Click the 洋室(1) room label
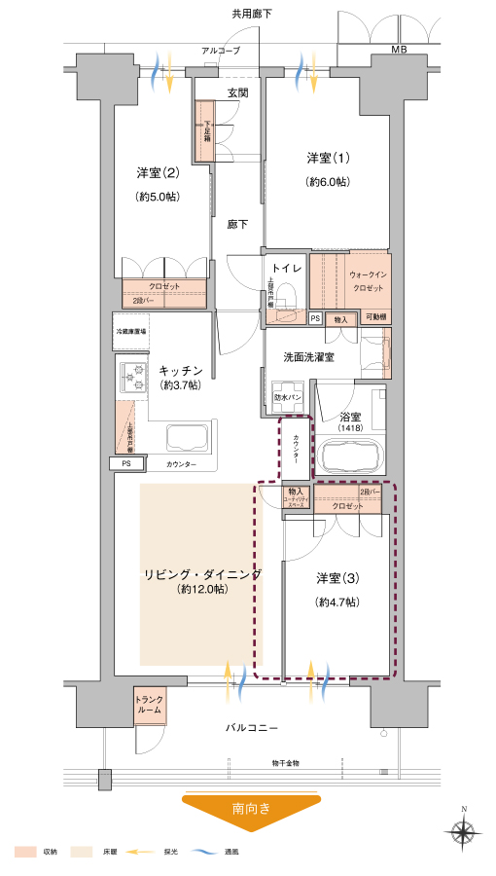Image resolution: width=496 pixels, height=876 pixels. [328, 158]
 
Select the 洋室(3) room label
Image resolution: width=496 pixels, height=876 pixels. [337, 578]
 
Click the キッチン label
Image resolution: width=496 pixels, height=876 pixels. [180, 370]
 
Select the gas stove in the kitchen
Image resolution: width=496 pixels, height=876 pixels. [131, 374]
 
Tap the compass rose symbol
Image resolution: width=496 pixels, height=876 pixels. [463, 832]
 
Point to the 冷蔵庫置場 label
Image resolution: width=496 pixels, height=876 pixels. [130, 333]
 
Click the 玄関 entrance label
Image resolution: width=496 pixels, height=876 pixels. [237, 93]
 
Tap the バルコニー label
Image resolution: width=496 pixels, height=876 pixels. [252, 727]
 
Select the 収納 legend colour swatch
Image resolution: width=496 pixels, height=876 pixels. [24, 852]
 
